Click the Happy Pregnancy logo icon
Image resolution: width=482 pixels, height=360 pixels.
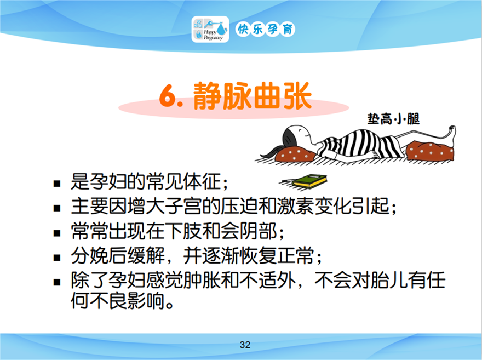pyautogui.click(x=210, y=29)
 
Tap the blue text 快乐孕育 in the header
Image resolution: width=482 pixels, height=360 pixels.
pyautogui.click(x=265, y=30)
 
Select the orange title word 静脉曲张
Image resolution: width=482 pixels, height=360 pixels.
pyautogui.click(x=253, y=96)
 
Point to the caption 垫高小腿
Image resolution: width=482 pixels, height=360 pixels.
pyautogui.click(x=393, y=119)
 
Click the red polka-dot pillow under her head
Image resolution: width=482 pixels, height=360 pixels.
pyautogui.click(x=295, y=154)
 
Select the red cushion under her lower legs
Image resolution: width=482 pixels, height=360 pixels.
pyautogui.click(x=431, y=150)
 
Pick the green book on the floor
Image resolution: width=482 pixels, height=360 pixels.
pyautogui.click(x=309, y=181)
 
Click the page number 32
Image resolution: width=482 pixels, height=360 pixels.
pyautogui.click(x=245, y=345)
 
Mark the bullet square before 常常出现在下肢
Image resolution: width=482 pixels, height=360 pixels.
pyautogui.click(x=57, y=233)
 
